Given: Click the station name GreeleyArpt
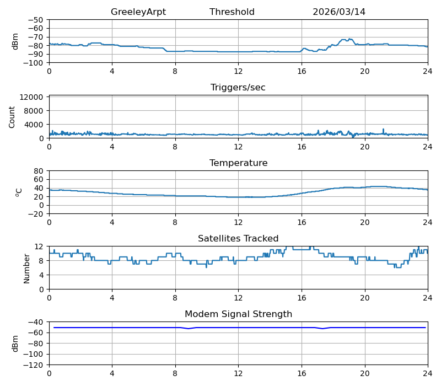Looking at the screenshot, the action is click(138, 12).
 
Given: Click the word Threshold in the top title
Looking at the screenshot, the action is click(232, 12).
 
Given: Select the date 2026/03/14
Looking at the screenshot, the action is click(339, 12).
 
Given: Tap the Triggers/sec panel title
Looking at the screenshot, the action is click(238, 88).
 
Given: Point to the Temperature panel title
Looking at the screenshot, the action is click(239, 163).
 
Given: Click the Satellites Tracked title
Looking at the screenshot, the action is click(238, 238).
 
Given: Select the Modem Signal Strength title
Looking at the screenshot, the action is click(239, 314).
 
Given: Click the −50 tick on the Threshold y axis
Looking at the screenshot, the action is click(36, 20).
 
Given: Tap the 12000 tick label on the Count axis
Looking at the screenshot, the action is click(31, 97).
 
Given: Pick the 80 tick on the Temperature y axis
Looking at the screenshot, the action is click(39, 171).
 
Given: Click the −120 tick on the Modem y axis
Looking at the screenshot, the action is click(33, 365).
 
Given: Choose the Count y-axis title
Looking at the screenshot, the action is click(12, 117).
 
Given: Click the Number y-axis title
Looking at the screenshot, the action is click(26, 269).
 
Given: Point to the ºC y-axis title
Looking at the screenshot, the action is click(19, 192).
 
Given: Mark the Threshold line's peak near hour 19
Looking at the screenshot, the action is click(349, 39).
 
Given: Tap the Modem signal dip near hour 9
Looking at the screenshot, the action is click(188, 329).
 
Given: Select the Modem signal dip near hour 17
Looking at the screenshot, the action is click(322, 329).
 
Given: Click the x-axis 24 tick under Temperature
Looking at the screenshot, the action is click(428, 222).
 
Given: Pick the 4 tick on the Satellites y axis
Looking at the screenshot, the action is click(41, 275).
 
